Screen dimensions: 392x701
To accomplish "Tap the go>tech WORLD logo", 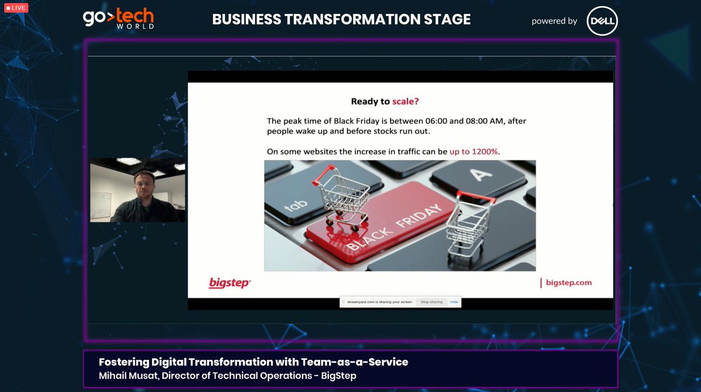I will point(119,19).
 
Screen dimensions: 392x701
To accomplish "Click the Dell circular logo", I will point(602,21).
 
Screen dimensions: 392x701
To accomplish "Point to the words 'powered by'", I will point(554,21).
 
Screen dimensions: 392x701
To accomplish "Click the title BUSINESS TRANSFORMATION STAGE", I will point(341,19).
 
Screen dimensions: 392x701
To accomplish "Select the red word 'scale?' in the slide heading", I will point(405,101).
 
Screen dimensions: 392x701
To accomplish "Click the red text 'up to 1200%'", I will point(474,151).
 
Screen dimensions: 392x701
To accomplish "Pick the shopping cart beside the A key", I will point(469,224).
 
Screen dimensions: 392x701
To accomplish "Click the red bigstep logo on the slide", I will point(230,283).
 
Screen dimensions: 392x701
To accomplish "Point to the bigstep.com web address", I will point(568,283).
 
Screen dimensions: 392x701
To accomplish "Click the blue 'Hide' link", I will point(454,302).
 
